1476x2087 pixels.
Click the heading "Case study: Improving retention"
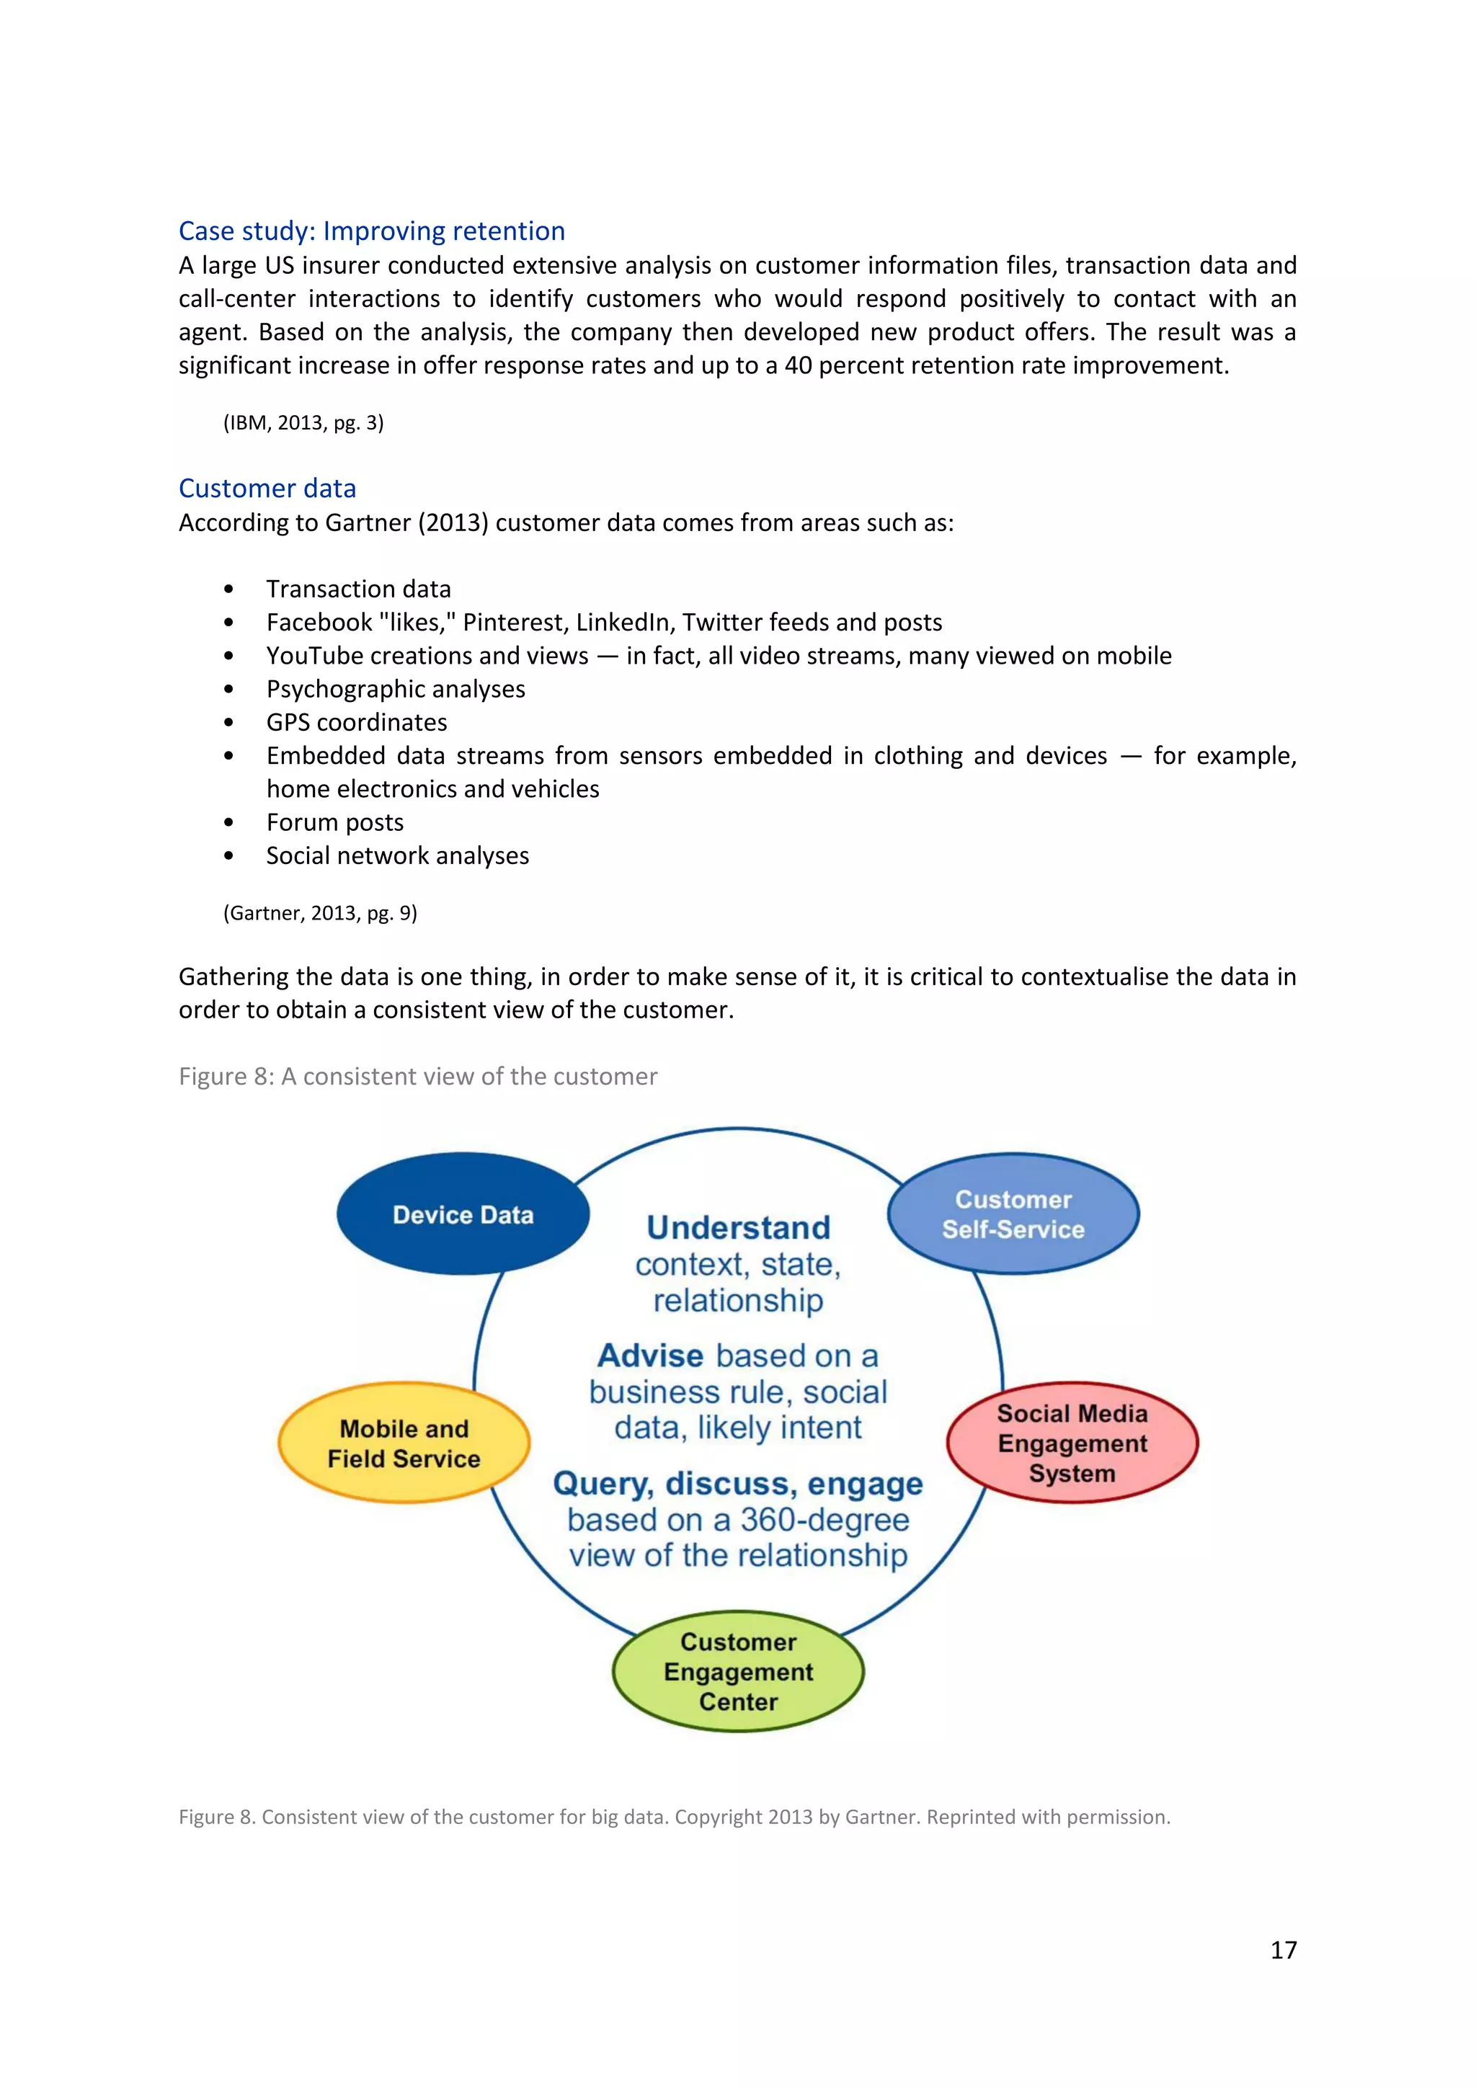coord(371,231)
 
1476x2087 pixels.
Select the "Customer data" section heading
coord(267,488)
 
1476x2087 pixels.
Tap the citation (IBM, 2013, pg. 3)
coord(303,423)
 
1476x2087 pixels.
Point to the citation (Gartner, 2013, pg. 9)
coord(320,912)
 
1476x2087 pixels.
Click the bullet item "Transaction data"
coord(358,589)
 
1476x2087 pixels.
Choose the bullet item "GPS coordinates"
coord(356,723)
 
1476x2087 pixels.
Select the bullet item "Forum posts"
coord(334,822)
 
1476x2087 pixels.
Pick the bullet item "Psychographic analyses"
coord(396,689)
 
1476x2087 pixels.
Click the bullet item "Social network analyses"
coord(397,855)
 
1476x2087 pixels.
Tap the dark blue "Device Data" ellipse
coord(463,1214)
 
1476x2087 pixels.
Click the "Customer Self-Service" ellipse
coord(1013,1214)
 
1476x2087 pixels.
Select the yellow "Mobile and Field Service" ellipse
coord(404,1443)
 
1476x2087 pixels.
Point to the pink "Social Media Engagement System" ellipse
coord(1072,1443)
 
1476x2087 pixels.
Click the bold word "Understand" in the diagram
coord(738,1228)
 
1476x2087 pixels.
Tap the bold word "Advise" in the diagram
coord(650,1356)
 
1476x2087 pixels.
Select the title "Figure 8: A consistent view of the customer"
coord(417,1076)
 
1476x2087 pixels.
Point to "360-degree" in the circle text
coord(824,1520)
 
